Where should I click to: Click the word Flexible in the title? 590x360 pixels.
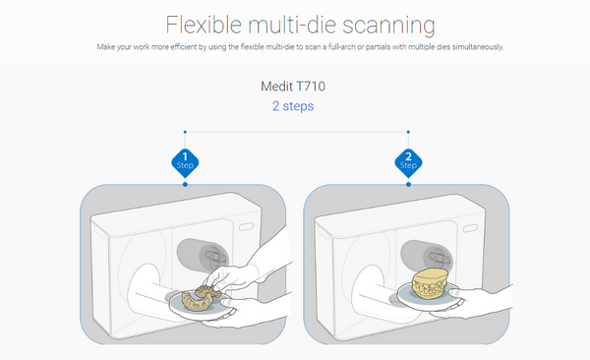(204, 25)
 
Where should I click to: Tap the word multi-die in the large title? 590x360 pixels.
(292, 25)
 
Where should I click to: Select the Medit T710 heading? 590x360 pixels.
(293, 87)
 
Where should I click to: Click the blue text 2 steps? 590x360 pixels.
(293, 106)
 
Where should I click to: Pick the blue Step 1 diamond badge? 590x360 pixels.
(185, 163)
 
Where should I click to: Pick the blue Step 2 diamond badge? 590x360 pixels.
(408, 163)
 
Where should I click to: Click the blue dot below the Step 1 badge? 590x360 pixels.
(185, 184)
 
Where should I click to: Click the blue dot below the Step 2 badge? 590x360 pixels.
(408, 184)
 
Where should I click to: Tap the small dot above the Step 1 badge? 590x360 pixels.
(185, 132)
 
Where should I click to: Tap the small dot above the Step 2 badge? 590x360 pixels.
(408, 132)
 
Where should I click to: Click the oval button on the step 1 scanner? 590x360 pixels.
(246, 226)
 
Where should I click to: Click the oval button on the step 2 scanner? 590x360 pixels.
(470, 228)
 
